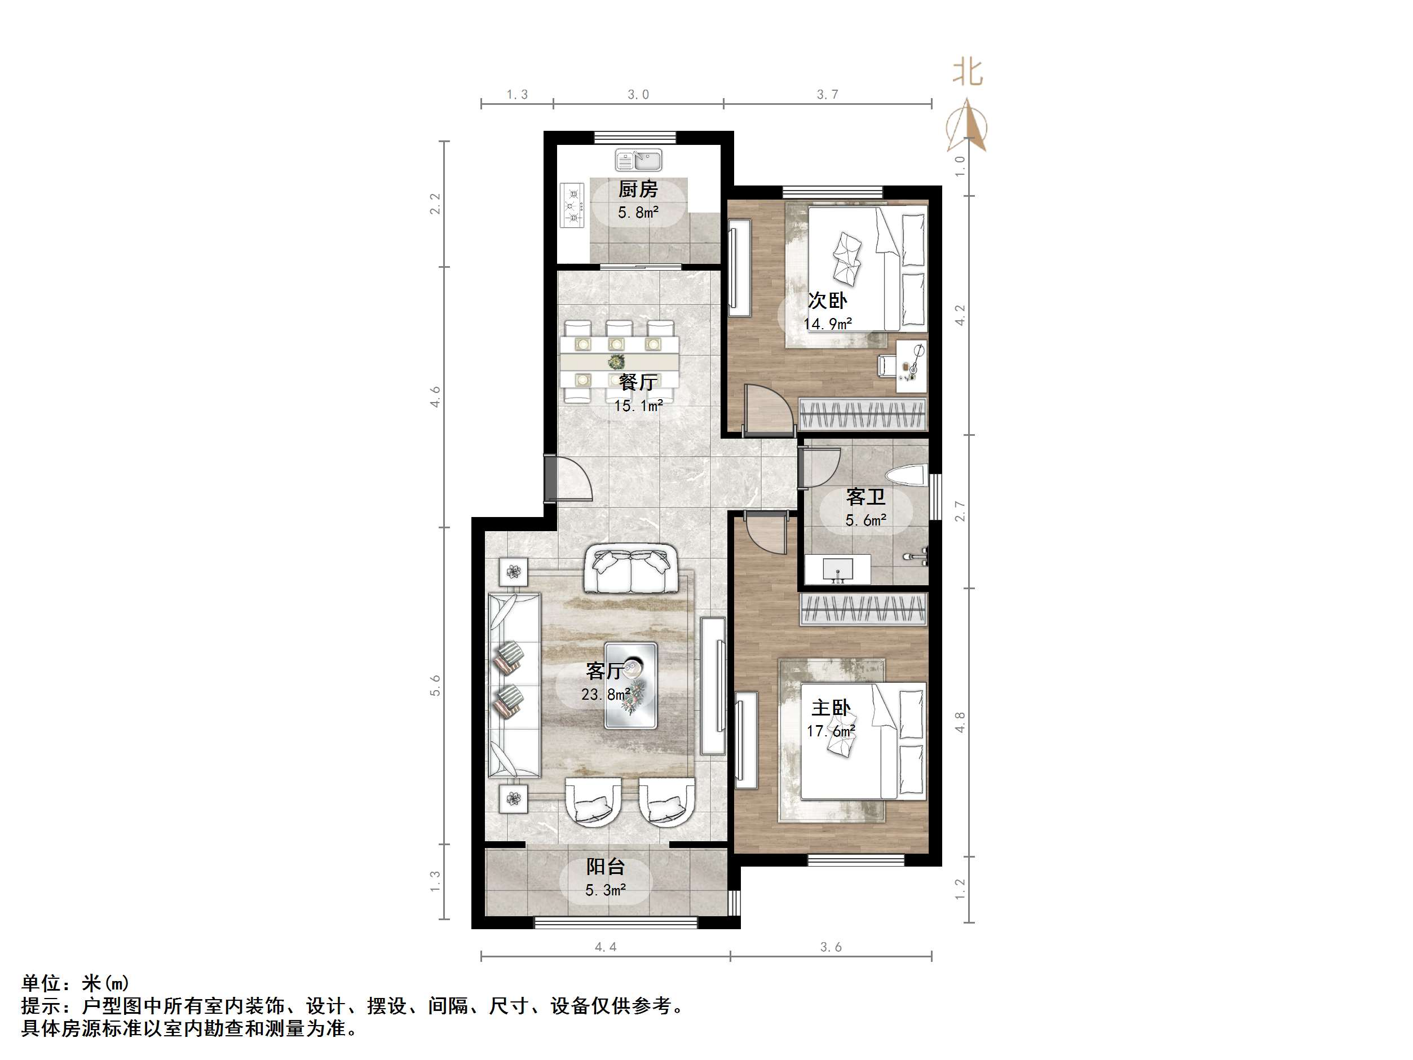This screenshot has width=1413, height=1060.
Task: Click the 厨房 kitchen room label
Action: coord(638,189)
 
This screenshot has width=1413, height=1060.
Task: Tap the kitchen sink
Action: coord(639,160)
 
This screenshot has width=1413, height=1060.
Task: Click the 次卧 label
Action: coord(827,301)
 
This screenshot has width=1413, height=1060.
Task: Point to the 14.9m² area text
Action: coord(827,324)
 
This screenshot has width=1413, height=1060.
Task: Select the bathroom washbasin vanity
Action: coord(837,569)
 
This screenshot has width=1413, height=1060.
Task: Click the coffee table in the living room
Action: coord(630,685)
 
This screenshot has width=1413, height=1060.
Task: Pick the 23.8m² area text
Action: coord(606,694)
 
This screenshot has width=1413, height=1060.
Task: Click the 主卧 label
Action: coord(831,707)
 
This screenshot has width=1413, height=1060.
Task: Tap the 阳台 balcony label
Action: coord(605,867)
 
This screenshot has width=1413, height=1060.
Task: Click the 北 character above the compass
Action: coord(967,72)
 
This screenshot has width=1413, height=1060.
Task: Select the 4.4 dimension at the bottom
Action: coord(605,947)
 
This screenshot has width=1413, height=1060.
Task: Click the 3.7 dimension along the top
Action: coord(827,95)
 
